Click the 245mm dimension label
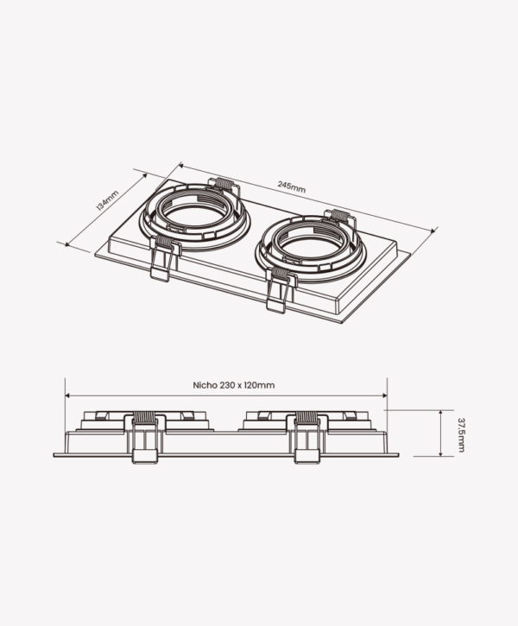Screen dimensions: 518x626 point(292,187)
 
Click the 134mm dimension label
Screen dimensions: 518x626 point(107,200)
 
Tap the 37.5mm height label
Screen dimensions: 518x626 point(461,435)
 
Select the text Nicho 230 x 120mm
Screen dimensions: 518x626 point(234,385)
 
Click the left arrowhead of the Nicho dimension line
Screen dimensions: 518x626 point(67,395)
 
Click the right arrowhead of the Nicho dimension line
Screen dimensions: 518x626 point(385,395)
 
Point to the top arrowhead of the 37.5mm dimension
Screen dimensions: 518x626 point(440,413)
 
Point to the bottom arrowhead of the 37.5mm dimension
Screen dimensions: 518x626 point(440,453)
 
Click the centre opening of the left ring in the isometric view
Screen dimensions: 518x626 point(195,218)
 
